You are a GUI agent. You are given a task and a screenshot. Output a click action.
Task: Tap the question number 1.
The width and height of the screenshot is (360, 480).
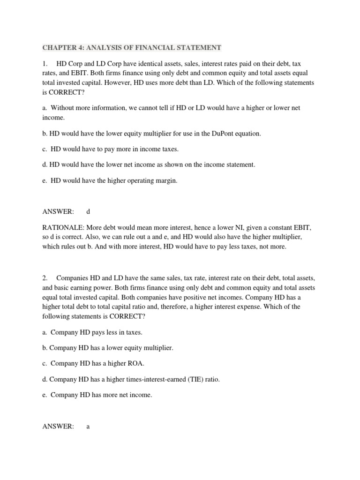click(44, 64)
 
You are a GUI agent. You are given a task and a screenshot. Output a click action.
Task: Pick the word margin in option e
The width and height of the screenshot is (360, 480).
click(167, 180)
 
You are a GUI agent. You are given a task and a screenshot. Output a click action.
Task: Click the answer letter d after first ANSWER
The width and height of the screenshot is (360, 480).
click(88, 211)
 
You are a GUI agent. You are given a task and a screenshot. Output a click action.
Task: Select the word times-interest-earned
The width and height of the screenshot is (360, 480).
click(140, 379)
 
